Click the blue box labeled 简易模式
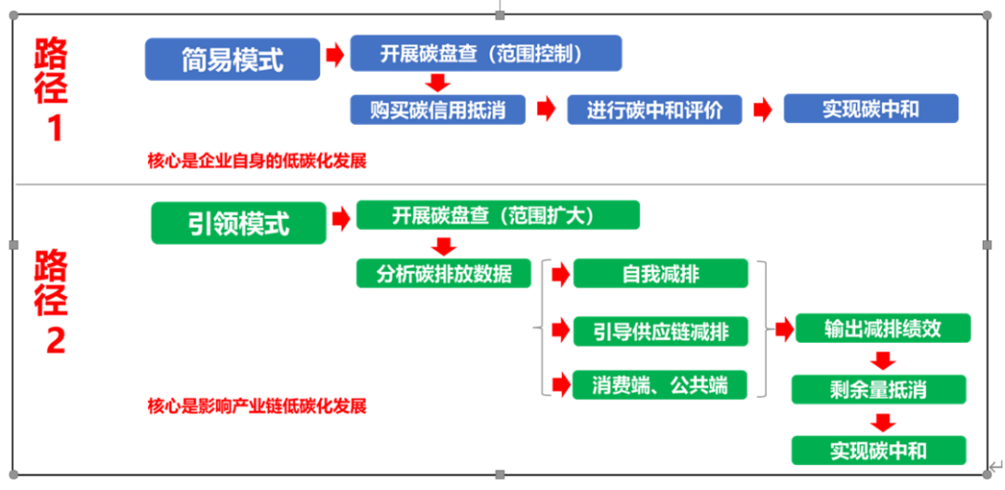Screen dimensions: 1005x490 tap(232, 59)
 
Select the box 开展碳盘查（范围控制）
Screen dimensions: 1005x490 tap(486, 53)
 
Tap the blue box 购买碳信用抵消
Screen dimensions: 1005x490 tap(437, 109)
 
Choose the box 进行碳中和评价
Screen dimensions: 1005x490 tap(654, 109)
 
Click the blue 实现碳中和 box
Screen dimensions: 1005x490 tap(871, 108)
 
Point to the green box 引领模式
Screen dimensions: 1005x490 tap(238, 223)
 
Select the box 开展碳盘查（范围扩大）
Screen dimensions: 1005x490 tap(498, 215)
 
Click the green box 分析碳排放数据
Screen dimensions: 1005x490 tap(444, 273)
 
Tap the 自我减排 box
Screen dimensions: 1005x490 tap(660, 273)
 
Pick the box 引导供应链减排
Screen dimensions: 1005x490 tap(660, 331)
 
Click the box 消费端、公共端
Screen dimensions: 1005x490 tap(660, 385)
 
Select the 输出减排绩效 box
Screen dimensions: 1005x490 tap(883, 329)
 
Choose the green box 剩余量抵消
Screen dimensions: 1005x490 tap(878, 389)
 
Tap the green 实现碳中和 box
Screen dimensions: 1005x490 tap(878, 450)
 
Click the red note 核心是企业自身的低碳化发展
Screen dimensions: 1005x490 tap(257, 160)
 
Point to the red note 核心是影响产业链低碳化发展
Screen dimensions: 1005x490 tap(257, 406)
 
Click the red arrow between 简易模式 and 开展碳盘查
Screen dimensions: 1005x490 tap(335, 55)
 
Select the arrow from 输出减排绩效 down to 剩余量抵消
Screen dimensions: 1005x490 tap(883, 360)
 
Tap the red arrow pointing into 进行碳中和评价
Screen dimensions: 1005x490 tap(546, 109)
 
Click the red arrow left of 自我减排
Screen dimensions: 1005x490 tap(560, 275)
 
